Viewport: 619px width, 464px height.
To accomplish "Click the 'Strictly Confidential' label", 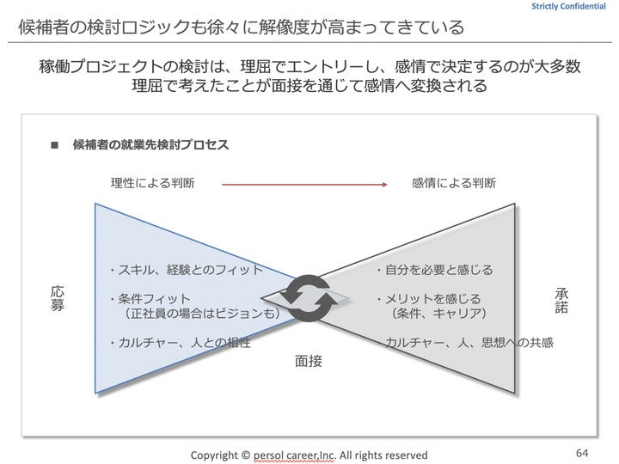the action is pos(568,6).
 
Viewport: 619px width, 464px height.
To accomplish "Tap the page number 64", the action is pos(582,453).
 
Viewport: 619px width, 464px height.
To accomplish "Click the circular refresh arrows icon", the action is pos(309,298).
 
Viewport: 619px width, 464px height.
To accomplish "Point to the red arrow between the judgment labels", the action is pos(304,184).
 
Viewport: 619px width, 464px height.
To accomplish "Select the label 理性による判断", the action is pos(153,183).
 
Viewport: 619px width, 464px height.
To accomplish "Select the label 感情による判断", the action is pos(454,183).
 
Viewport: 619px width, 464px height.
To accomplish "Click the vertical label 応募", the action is pos(58,298).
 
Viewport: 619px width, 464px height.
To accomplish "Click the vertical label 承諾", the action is pos(561,301).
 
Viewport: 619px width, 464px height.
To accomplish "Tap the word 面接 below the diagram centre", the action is pos(309,361).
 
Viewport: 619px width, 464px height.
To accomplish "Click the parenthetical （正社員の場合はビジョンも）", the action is pos(202,314).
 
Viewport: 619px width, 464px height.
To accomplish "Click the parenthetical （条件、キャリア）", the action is pos(438,314).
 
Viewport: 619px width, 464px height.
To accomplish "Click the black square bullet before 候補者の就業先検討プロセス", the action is pos(54,145).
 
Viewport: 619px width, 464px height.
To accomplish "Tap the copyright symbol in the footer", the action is pos(246,455).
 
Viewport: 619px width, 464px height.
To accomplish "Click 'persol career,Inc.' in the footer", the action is pos(295,455).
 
